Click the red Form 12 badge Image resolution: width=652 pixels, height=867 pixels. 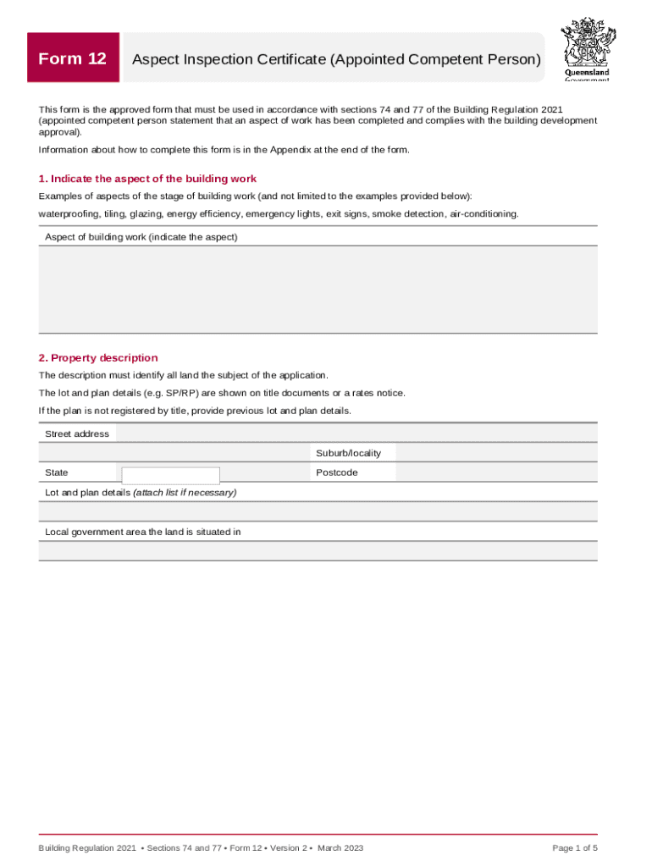click(73, 58)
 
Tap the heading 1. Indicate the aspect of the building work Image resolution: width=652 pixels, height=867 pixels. click(147, 179)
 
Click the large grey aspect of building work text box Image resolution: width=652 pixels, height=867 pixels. click(318, 289)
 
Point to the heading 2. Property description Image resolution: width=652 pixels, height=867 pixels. click(98, 357)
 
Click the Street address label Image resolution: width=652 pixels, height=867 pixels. click(77, 433)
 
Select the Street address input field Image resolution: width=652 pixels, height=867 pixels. click(356, 433)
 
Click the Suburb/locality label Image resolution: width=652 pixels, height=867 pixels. click(348, 453)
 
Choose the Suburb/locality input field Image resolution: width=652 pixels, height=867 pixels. click(496, 453)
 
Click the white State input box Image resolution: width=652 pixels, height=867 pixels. click(170, 475)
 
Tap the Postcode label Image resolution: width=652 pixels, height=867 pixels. click(336, 472)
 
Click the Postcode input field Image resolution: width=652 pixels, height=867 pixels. click(496, 472)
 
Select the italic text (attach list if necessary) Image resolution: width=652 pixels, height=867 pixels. click(185, 492)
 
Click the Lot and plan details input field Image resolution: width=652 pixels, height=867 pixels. click(318, 511)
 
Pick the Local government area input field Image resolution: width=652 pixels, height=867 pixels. click(318, 551)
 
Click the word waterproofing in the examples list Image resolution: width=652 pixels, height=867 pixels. click(69, 214)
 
